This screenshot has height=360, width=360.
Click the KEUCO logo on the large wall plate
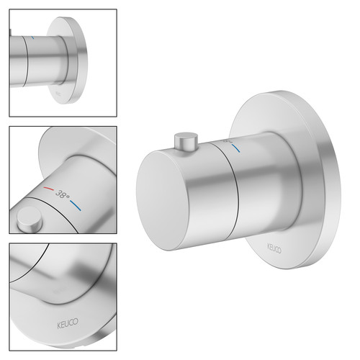(x=274, y=248)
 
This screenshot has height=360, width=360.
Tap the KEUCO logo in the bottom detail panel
(x=68, y=323)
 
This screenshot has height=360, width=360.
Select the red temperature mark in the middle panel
(x=49, y=189)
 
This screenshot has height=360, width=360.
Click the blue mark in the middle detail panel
(x=76, y=205)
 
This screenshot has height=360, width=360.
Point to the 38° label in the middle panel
(x=62, y=194)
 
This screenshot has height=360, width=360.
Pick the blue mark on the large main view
(x=236, y=148)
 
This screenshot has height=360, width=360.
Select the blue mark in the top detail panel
(x=32, y=37)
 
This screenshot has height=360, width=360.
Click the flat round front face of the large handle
(x=163, y=201)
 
